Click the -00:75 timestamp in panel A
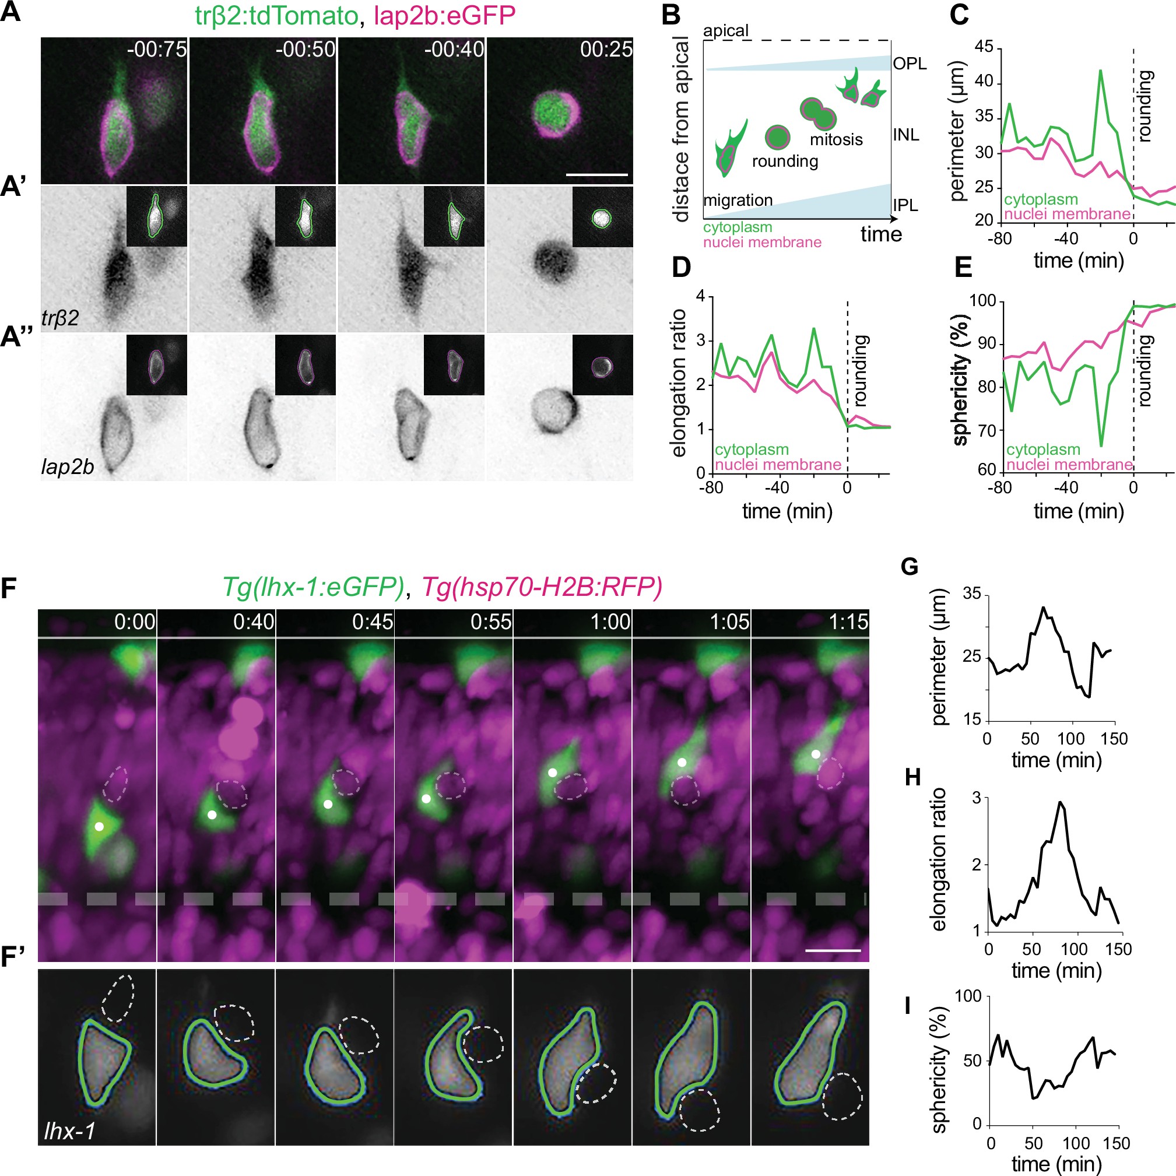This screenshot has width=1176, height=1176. [156, 50]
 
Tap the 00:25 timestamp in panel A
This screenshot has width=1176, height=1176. [606, 50]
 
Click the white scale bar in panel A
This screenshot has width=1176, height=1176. [596, 175]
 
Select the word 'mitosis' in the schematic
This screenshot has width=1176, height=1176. [836, 140]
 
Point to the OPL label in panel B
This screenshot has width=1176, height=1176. [910, 64]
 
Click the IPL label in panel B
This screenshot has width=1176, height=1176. [904, 206]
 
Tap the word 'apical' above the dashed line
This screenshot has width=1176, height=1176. [725, 31]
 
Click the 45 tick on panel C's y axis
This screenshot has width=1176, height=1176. [984, 47]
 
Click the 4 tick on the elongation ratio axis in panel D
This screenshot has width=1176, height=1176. [701, 296]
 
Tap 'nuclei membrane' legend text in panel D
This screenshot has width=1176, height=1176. [777, 465]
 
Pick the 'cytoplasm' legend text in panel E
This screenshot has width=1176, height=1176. [1042, 450]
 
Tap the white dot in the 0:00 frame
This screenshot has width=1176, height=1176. [99, 826]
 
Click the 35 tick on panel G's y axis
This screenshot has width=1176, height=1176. [972, 594]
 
